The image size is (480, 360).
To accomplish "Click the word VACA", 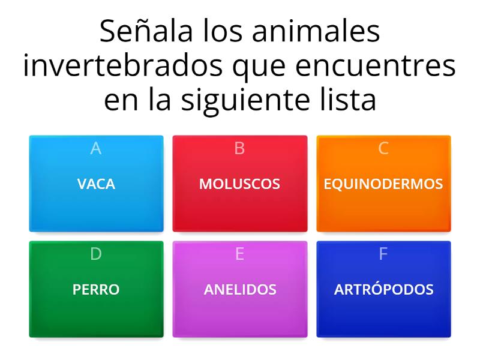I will pyautogui.click(x=96, y=184).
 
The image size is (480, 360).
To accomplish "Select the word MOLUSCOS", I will pyautogui.click(x=239, y=184).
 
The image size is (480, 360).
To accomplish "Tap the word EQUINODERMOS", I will pyautogui.click(x=383, y=184).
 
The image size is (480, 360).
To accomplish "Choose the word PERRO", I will pyautogui.click(x=96, y=290).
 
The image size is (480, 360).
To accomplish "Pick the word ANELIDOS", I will pyautogui.click(x=240, y=290).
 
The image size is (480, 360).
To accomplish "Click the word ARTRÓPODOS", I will pyautogui.click(x=383, y=290).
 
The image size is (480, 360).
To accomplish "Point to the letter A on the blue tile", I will pyautogui.click(x=96, y=149).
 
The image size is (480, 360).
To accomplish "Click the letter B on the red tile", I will pyautogui.click(x=239, y=149).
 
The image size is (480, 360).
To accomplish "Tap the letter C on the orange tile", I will pyautogui.click(x=383, y=149).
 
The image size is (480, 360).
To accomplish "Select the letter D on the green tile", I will pyautogui.click(x=96, y=254).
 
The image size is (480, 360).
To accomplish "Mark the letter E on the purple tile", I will pyautogui.click(x=239, y=254).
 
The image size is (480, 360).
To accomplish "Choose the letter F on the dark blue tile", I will pyautogui.click(x=383, y=254).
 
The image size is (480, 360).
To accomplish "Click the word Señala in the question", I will pyautogui.click(x=140, y=32).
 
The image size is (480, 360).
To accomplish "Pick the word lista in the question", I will pyautogui.click(x=348, y=100).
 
